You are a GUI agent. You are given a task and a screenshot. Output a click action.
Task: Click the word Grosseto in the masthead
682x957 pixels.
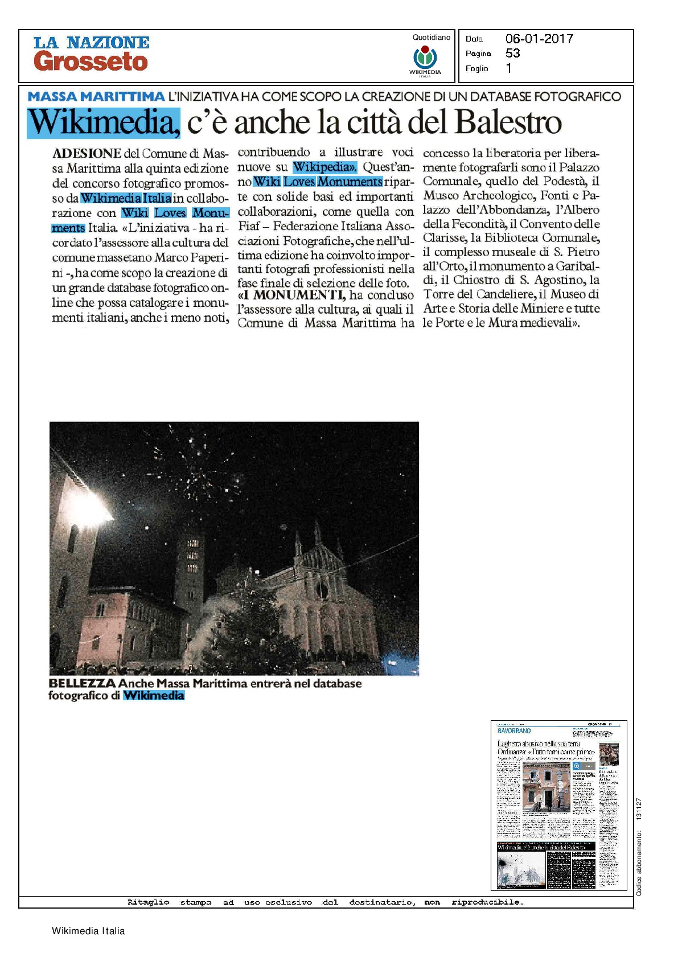(x=91, y=62)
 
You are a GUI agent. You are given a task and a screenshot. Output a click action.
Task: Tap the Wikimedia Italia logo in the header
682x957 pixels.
(x=425, y=59)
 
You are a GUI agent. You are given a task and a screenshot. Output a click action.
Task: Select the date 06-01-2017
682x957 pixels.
(x=539, y=39)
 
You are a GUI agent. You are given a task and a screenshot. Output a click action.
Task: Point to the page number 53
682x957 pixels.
(x=512, y=53)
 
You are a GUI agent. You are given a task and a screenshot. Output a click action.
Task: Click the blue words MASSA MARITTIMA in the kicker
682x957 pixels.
(x=96, y=96)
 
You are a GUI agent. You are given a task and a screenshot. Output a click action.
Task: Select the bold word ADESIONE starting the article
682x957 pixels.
(x=87, y=153)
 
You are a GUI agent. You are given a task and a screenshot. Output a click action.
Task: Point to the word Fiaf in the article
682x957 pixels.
(x=248, y=226)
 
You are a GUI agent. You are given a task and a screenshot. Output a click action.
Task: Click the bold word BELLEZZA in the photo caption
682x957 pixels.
(x=82, y=683)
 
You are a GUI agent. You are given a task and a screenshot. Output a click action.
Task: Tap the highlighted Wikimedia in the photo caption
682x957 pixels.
(x=154, y=695)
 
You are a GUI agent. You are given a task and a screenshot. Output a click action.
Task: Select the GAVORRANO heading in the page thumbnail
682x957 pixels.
(x=514, y=730)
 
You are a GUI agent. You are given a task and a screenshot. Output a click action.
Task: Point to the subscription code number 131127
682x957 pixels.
(x=639, y=808)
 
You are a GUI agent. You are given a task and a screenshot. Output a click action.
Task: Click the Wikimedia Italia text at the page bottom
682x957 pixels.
(x=88, y=931)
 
